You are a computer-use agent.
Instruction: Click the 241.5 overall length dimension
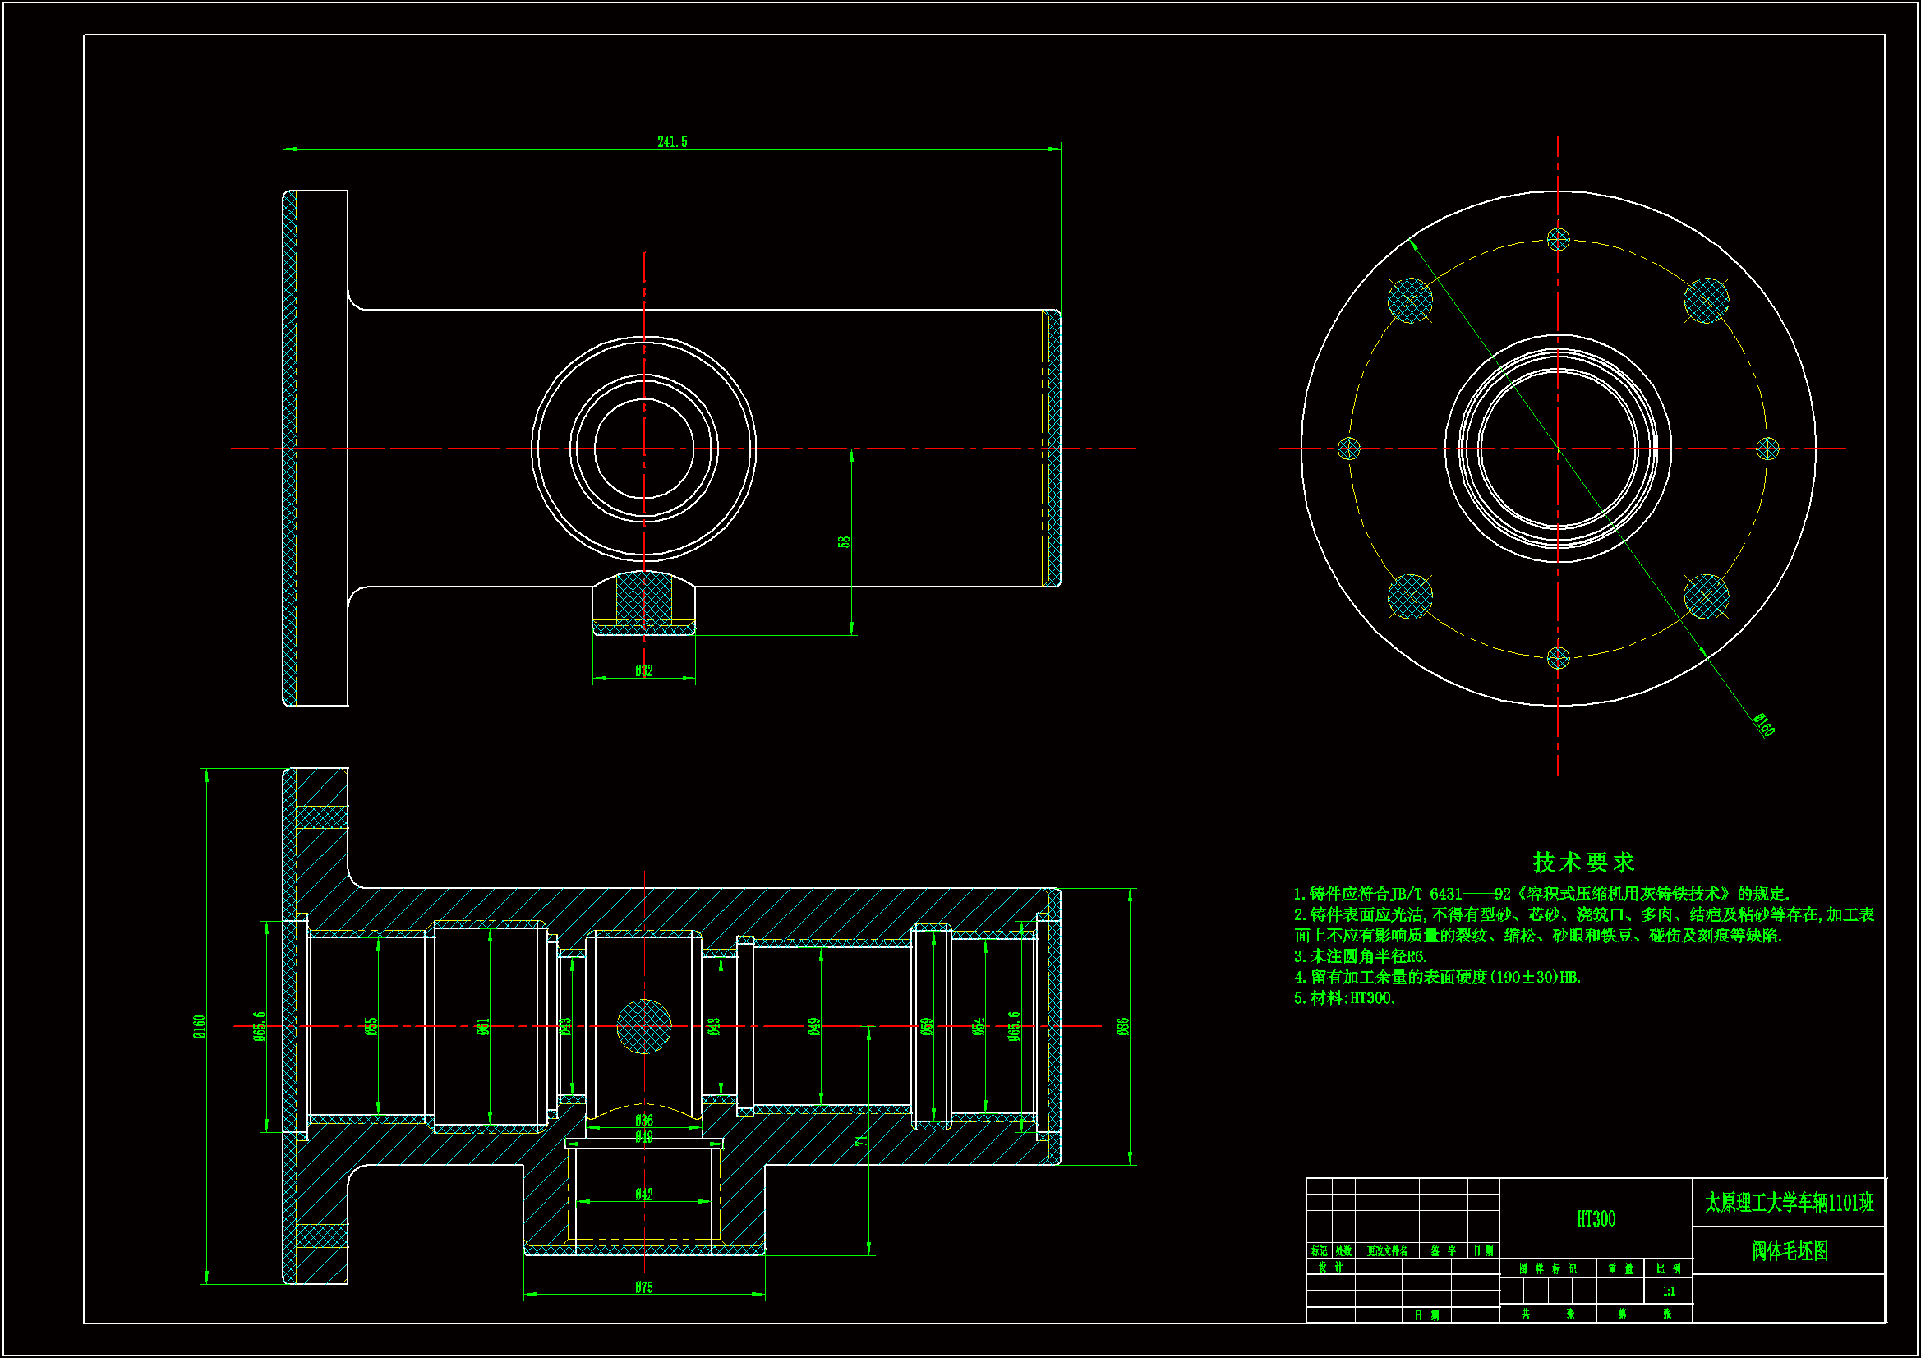point(672,142)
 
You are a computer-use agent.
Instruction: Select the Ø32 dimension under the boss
point(643,670)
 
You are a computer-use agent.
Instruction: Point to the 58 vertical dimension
point(844,541)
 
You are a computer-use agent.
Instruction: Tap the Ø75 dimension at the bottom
point(643,1287)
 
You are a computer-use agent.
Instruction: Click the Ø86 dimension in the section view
point(1123,1026)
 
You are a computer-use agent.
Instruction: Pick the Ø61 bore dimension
point(483,1026)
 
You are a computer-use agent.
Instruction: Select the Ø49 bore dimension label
point(814,1026)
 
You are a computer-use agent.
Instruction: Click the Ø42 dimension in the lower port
point(643,1194)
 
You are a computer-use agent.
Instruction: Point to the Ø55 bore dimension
point(371,1026)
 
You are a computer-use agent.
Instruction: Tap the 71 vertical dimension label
point(862,1140)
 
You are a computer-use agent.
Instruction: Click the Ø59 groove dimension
point(927,1026)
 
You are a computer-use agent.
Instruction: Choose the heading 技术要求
point(1583,862)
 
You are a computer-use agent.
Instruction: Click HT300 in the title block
point(1596,1218)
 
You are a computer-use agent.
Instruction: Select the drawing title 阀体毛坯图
point(1790,1250)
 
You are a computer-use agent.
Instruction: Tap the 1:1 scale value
point(1668,1291)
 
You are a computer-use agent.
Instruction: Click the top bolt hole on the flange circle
point(1558,240)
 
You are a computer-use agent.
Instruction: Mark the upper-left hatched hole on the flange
point(1410,301)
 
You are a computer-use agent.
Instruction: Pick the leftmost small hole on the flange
point(1348,449)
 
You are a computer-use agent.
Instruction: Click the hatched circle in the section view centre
point(643,1027)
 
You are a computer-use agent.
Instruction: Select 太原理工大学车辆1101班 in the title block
point(1790,1204)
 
